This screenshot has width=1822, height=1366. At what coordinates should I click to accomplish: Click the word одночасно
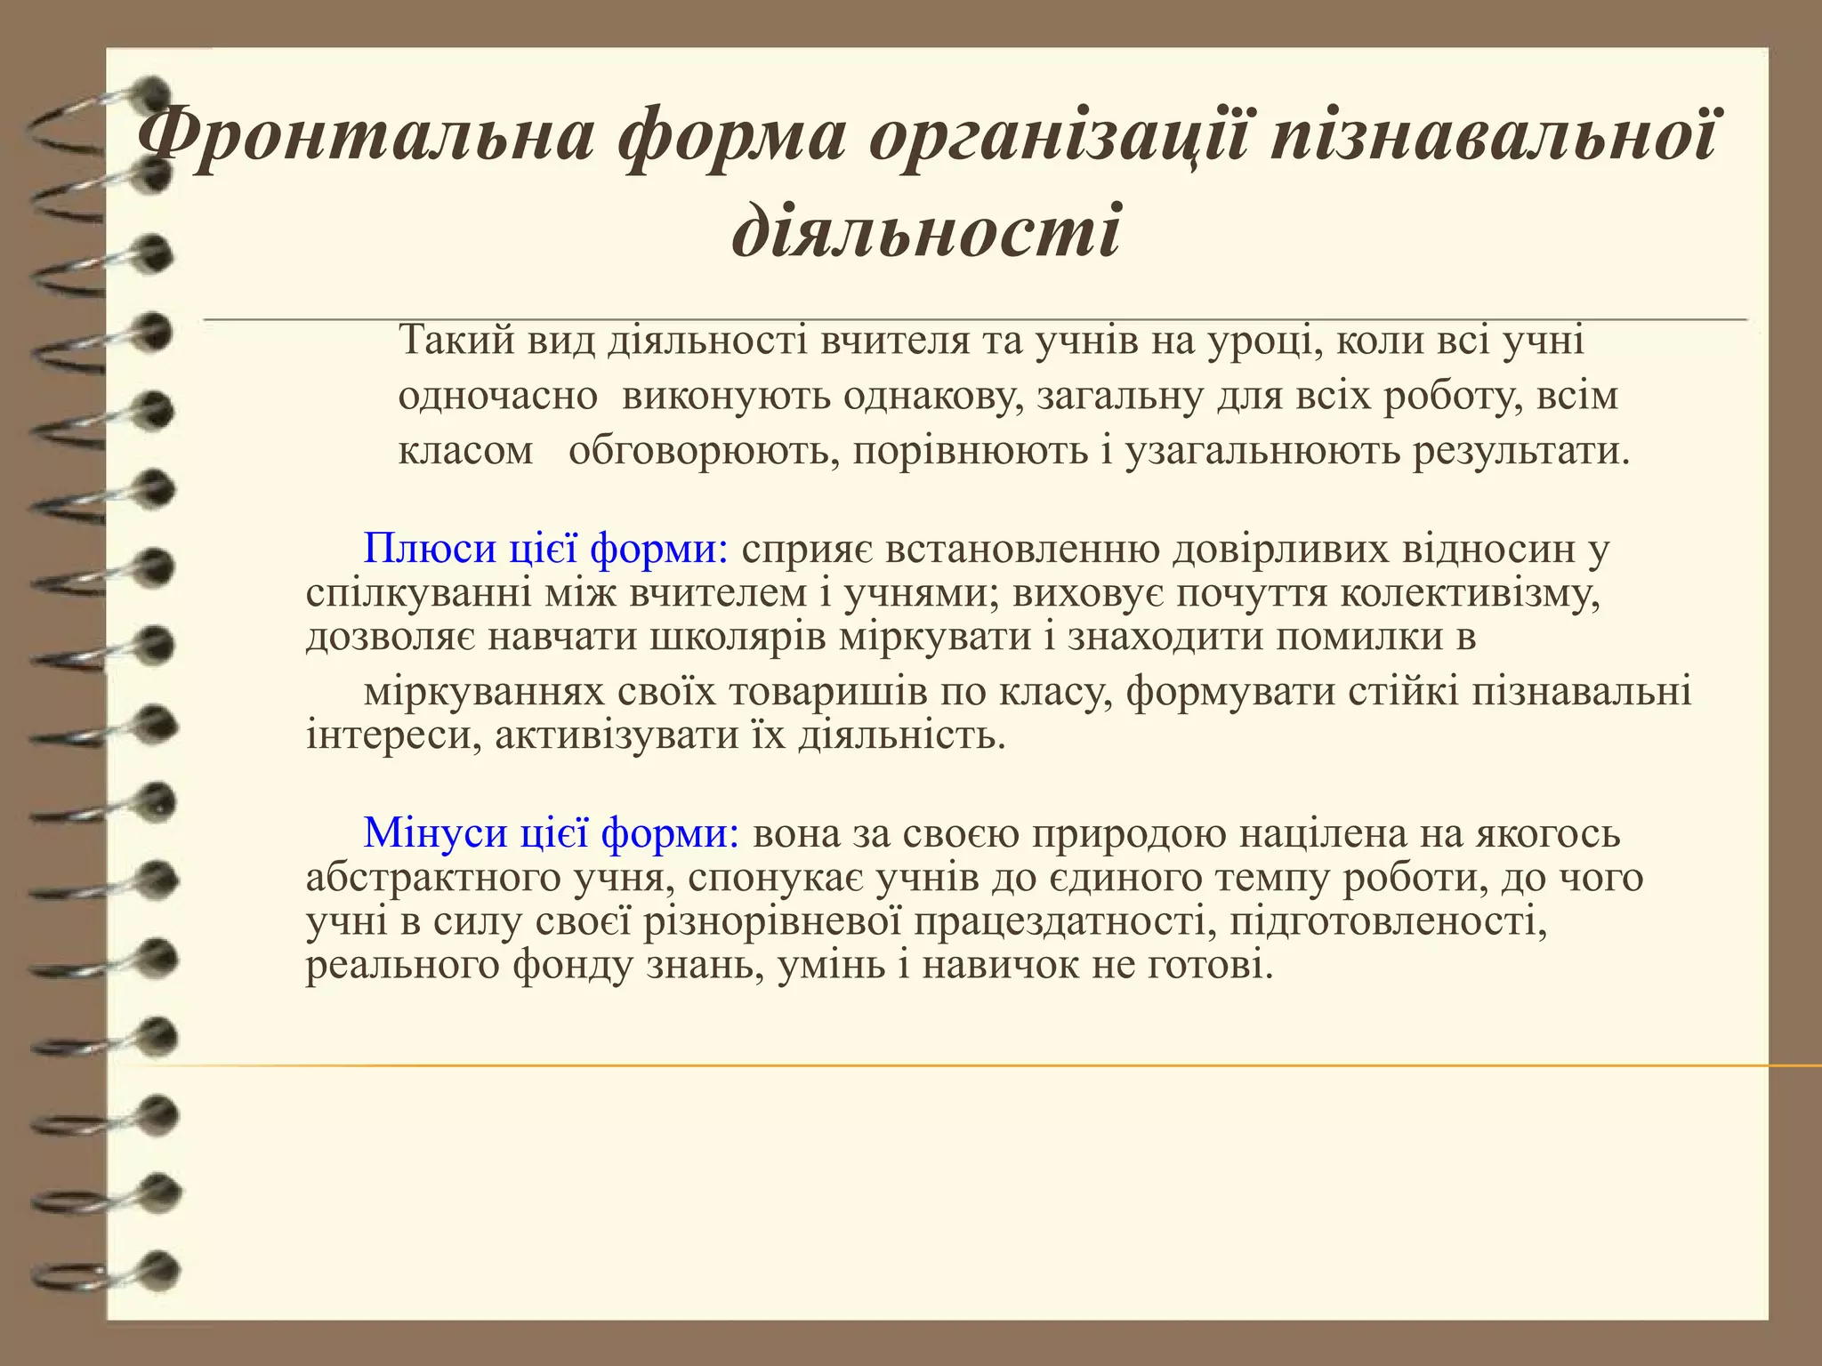click(497, 396)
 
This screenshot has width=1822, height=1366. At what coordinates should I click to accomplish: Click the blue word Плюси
click(430, 549)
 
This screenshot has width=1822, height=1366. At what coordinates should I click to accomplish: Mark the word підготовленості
click(1389, 921)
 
